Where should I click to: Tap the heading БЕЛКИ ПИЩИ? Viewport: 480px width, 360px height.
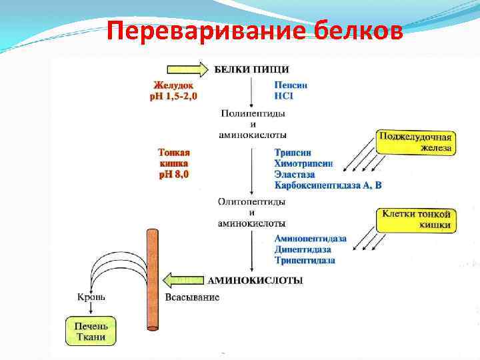251,69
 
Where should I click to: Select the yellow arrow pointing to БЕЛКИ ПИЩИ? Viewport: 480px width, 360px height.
187,69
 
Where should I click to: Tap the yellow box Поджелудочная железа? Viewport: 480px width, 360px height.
416,141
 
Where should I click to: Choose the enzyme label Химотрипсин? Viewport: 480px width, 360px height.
303,163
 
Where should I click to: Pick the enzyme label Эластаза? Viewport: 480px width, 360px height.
295,174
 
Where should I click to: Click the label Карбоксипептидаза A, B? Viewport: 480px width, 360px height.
328,185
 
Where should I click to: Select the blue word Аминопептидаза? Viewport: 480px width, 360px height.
310,238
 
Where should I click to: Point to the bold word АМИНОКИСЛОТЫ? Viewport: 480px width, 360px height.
257,281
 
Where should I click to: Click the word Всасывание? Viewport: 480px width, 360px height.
192,297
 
